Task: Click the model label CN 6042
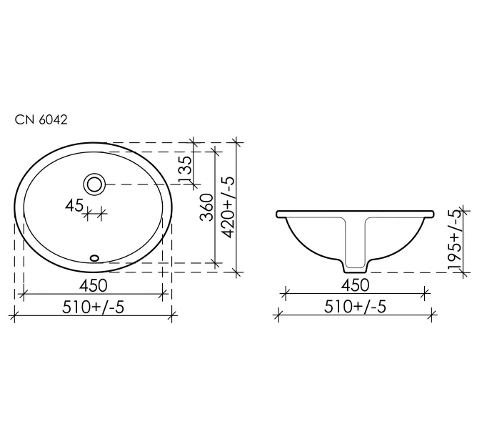point(41,120)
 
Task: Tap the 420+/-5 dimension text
point(229,207)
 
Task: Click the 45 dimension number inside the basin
point(73,205)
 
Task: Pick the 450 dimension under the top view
point(94,285)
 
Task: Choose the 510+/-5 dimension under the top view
point(94,306)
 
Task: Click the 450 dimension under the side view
point(355,285)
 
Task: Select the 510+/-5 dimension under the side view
point(355,306)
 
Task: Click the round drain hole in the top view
point(94,184)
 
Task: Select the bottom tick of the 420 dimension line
point(237,272)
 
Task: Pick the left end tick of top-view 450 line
point(24,292)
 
